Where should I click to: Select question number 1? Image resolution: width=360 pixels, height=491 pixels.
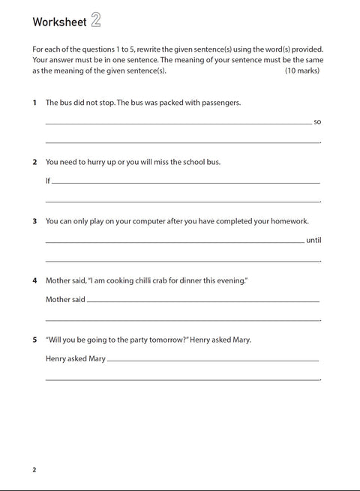coord(34,102)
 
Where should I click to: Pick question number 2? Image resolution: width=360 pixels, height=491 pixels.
coord(34,161)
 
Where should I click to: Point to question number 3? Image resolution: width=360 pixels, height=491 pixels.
coord(34,221)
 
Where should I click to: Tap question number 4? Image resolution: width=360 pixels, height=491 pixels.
coord(34,280)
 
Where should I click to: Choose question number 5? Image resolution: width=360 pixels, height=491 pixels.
coord(34,340)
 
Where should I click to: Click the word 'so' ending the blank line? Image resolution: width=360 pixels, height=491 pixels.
coord(317,121)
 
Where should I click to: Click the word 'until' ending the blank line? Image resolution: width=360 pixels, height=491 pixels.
coord(313,241)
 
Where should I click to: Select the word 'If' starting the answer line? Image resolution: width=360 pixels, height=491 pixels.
coord(48,181)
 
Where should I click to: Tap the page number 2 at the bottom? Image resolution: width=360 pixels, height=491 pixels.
coord(34,470)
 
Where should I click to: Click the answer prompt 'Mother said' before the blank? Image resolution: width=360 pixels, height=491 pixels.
coord(65,299)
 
